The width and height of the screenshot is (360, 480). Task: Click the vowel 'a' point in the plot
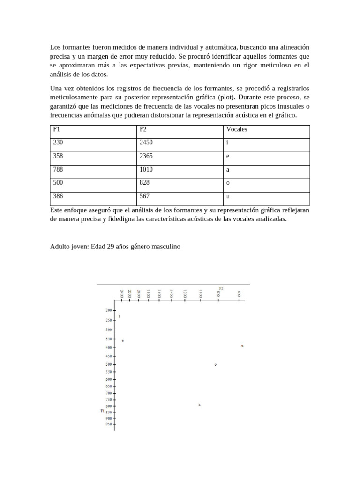click(199, 405)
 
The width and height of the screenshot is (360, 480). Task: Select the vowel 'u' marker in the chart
click(242, 345)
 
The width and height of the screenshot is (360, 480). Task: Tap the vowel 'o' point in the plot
click(216, 364)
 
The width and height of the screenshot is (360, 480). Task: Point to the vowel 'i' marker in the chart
click(120, 316)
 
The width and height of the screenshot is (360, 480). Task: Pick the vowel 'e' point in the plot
click(123, 340)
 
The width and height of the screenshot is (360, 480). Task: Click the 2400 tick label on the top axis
click(122, 294)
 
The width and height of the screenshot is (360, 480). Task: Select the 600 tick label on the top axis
click(239, 294)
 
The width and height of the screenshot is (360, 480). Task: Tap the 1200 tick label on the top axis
click(185, 294)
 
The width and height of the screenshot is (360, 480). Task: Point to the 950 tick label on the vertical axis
click(109, 424)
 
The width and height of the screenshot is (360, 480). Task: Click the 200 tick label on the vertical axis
click(109, 310)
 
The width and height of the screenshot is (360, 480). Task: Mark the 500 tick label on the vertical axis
click(109, 364)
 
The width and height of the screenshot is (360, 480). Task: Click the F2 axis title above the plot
click(221, 288)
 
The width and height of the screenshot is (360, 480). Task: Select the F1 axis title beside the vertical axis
click(103, 411)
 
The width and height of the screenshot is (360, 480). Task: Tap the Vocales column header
click(236, 129)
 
